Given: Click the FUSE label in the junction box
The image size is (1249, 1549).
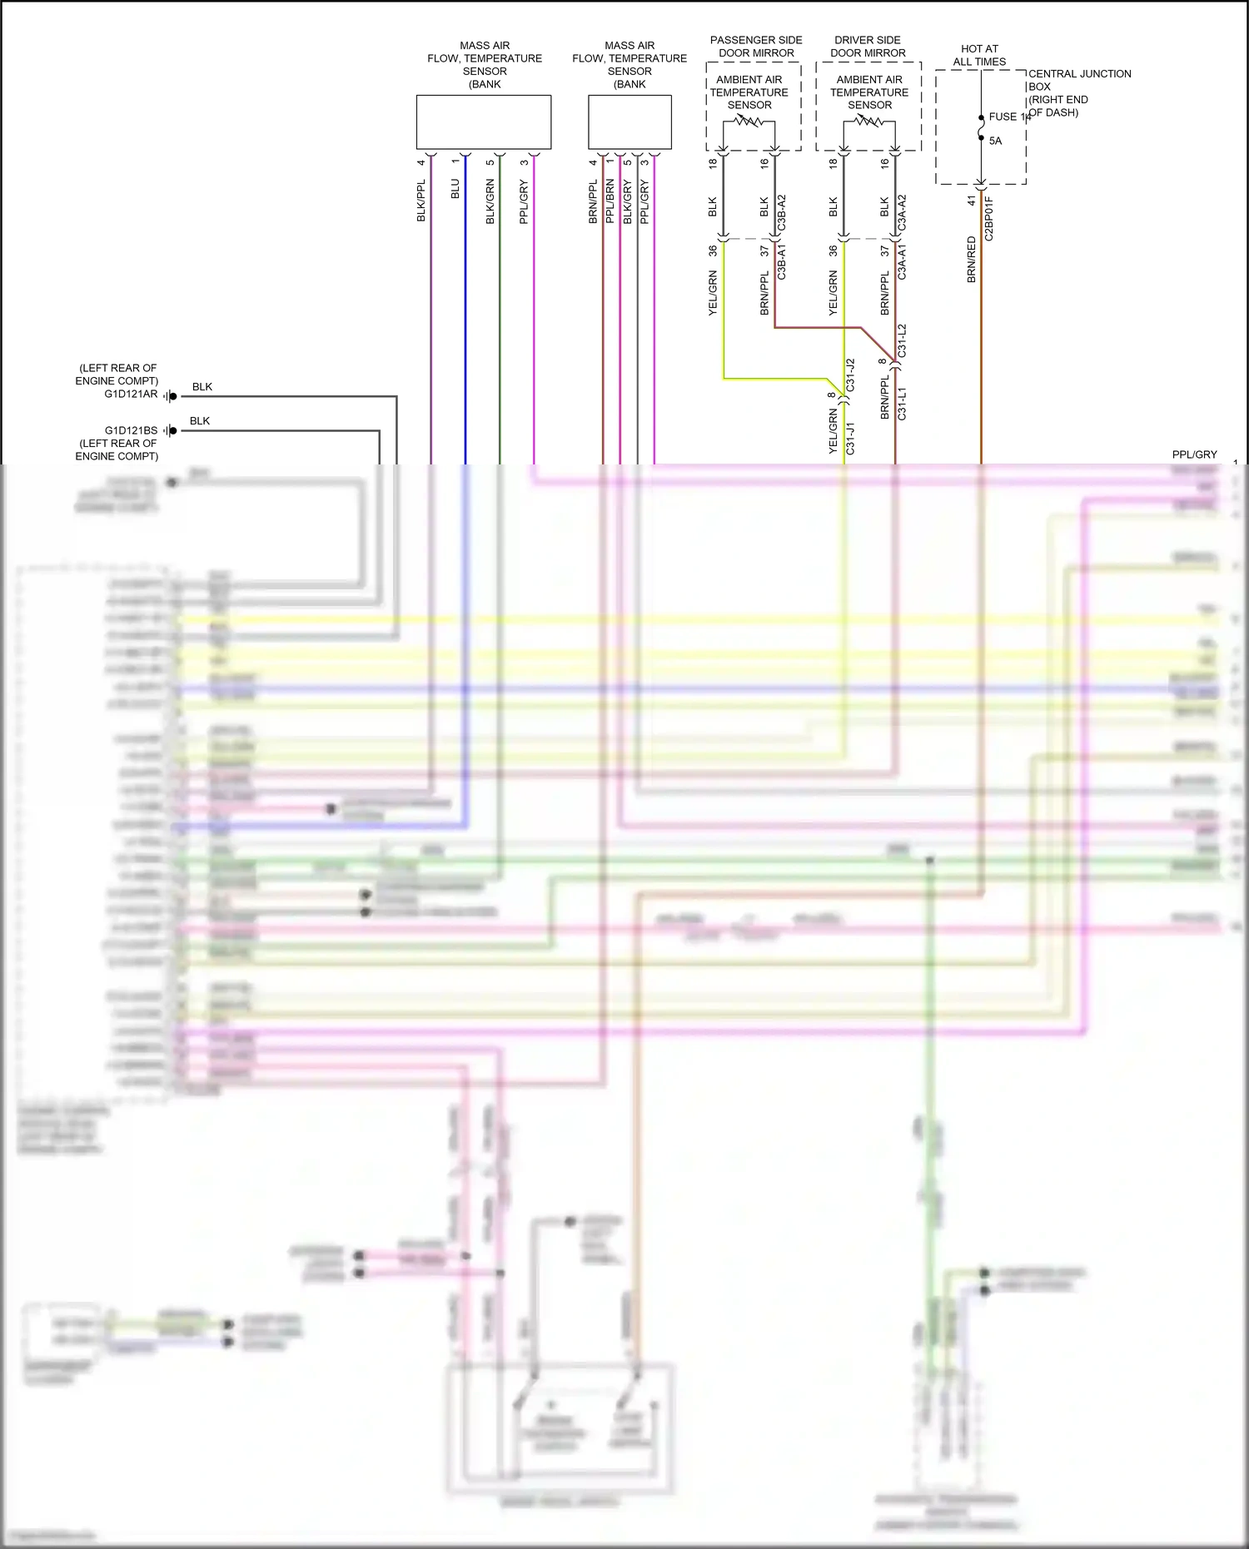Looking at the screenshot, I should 1003,117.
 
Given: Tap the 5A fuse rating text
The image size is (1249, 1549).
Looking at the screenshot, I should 995,141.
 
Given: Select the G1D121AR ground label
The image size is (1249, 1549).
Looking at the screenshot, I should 131,394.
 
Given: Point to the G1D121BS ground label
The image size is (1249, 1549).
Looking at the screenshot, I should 131,430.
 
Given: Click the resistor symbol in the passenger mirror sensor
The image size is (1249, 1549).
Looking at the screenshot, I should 749,122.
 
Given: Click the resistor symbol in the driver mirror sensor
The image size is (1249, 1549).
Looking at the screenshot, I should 869,122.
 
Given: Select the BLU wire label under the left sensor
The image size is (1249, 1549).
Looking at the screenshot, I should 455,189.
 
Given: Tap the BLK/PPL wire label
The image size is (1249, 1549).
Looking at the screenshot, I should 421,201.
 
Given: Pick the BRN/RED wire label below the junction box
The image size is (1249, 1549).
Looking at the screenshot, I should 971,260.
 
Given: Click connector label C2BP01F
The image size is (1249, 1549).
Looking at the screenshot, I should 989,219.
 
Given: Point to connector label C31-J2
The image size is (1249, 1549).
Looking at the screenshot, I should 850,375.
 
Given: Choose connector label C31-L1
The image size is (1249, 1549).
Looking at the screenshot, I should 902,404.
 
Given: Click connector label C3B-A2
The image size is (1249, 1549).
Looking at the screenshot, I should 782,214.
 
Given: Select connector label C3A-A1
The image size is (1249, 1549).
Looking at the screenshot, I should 902,261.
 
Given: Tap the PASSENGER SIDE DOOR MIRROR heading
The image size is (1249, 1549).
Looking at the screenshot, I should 756,47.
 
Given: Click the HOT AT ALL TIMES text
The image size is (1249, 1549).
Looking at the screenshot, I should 979,55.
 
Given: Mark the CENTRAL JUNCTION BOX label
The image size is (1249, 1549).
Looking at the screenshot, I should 1079,80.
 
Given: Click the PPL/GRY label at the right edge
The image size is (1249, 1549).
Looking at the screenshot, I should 1194,454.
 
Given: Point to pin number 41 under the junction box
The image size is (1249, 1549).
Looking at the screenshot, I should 971,201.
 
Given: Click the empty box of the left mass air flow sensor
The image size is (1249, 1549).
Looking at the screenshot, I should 484,122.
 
